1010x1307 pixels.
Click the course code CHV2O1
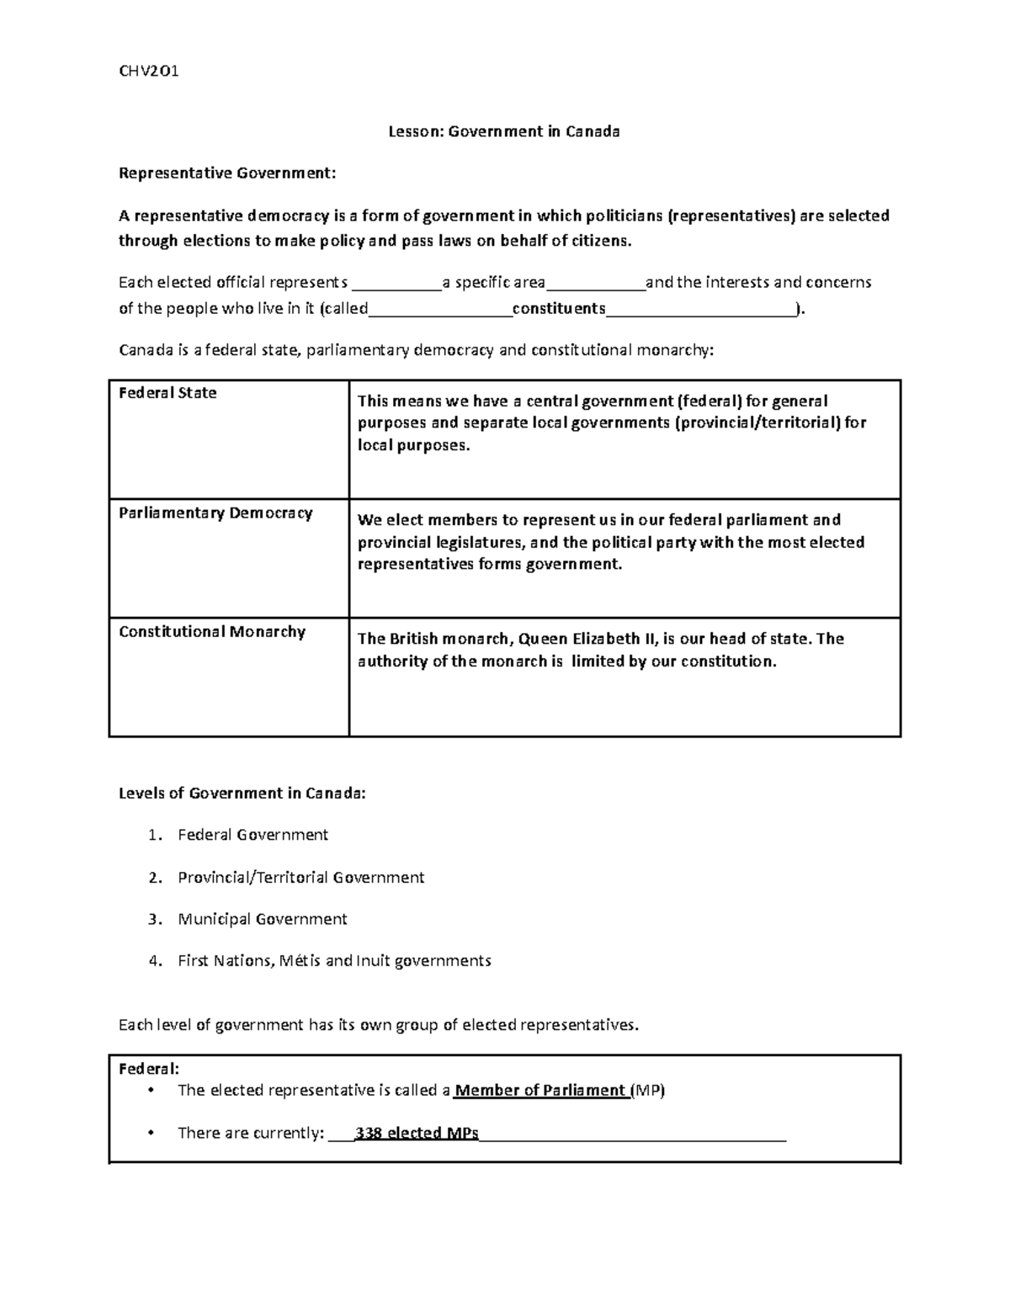148,71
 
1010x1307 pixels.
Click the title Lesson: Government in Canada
503,131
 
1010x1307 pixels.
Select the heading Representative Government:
226,173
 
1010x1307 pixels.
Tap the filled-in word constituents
559,308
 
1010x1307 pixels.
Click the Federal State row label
167,393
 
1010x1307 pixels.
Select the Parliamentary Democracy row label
215,513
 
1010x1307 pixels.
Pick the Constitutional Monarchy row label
212,632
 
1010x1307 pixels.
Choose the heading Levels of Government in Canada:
242,793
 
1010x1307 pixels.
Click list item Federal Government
252,835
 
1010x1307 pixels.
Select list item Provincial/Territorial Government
300,877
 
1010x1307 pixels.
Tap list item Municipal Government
262,919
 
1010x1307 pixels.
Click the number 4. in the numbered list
154,960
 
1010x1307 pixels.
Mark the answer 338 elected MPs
417,1133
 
